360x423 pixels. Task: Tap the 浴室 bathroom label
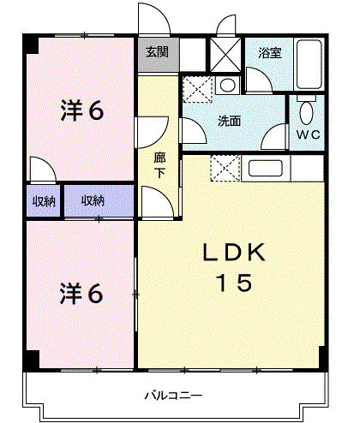(270, 53)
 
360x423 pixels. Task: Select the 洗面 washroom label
(229, 122)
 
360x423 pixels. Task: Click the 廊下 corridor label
(159, 164)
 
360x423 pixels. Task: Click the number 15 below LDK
(233, 283)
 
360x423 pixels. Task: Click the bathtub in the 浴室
(309, 65)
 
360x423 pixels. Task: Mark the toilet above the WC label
(307, 111)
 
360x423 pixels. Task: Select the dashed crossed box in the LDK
(225, 169)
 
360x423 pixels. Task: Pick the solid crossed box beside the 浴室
(226, 56)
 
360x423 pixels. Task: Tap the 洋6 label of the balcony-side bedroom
(81, 293)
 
